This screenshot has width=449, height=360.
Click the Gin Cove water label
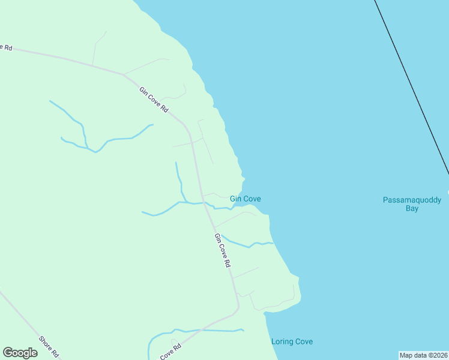[x=245, y=199]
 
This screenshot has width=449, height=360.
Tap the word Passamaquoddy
[x=412, y=200]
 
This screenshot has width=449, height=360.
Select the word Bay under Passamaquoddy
[x=412, y=209]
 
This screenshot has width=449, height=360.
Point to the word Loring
[x=282, y=341]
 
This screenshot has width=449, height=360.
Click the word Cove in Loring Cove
[x=303, y=341]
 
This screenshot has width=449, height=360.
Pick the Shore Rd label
[x=49, y=346]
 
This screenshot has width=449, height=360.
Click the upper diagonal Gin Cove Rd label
[x=153, y=100]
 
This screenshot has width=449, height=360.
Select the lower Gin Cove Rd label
[x=223, y=250]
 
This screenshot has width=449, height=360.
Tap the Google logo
[x=20, y=353]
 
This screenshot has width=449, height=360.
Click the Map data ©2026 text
[x=423, y=355]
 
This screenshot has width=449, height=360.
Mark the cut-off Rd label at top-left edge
[x=7, y=46]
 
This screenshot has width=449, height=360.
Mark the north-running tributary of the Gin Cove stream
[x=178, y=180]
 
